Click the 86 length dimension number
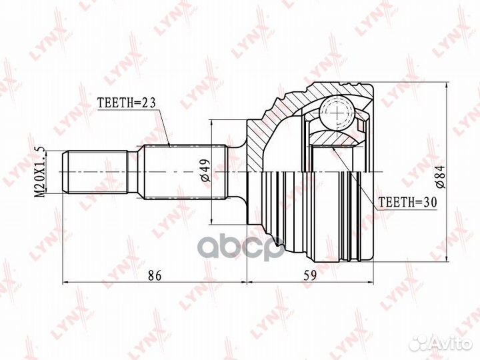(x=154, y=274)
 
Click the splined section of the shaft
(x=176, y=171)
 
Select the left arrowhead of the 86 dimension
(x=65, y=282)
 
